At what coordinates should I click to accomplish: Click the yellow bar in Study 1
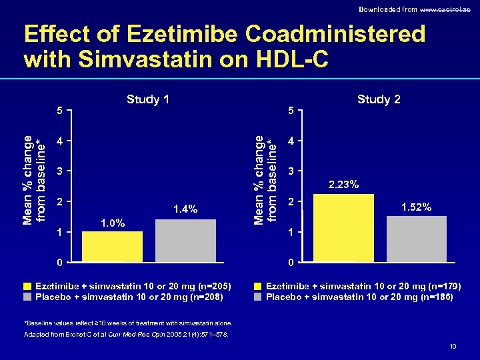[x=112, y=246]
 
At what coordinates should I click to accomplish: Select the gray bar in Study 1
[x=185, y=240]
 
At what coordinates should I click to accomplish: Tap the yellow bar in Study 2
[x=343, y=227]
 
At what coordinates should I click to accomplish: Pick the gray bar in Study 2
[x=417, y=238]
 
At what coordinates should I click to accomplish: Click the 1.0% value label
[x=112, y=222]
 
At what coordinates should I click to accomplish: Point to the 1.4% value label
[x=185, y=209]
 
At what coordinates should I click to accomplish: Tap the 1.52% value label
[x=417, y=207]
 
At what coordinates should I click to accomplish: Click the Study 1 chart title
[x=148, y=99]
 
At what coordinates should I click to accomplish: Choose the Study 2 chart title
[x=379, y=99]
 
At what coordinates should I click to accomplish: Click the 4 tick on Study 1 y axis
[x=61, y=141]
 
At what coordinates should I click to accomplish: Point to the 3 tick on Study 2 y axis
[x=291, y=172]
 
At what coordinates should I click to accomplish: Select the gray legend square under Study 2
[x=258, y=297]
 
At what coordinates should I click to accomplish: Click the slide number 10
[x=453, y=345]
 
